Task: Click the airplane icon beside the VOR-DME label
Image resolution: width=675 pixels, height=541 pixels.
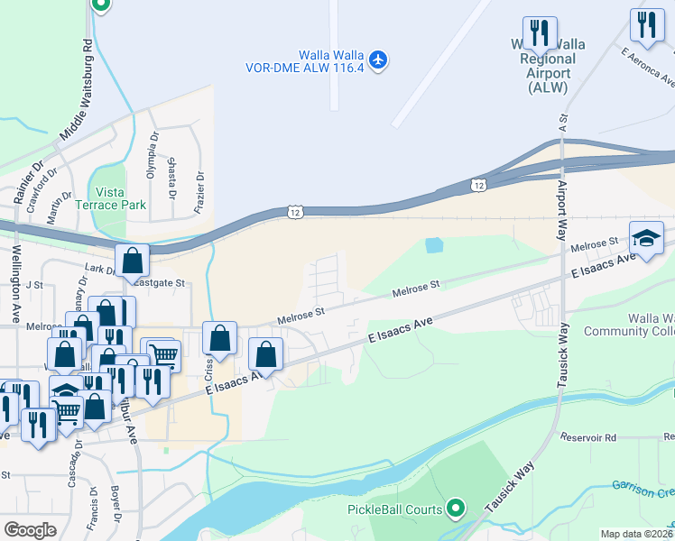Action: pyautogui.click(x=378, y=60)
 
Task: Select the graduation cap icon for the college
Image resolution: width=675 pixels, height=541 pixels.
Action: pyautogui.click(x=645, y=237)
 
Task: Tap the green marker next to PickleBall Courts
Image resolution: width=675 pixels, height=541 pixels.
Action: pyautogui.click(x=457, y=509)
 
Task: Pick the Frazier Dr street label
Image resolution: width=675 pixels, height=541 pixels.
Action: pyautogui.click(x=200, y=192)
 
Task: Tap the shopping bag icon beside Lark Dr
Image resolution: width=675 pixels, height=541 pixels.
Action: pyautogui.click(x=132, y=262)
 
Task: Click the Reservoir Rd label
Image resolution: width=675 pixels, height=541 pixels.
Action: pyautogui.click(x=587, y=437)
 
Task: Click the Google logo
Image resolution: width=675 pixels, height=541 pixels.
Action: pyautogui.click(x=30, y=530)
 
